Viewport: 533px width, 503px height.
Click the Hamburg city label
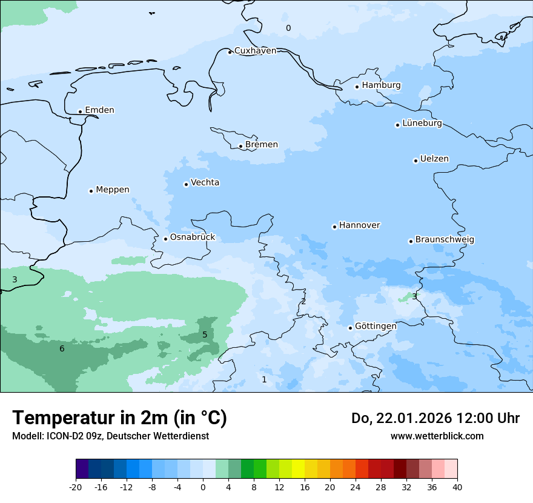pos(381,85)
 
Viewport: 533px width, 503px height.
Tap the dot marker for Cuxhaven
pos(230,52)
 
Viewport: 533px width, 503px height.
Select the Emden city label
pos(99,110)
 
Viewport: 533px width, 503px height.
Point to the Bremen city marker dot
pos(240,146)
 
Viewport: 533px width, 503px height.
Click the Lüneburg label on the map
pos(422,124)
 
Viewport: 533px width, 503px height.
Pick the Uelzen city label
pos(434,159)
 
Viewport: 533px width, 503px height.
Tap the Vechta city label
pos(205,183)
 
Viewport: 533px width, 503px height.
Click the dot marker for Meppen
pos(91,191)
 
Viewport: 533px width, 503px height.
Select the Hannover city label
pos(359,225)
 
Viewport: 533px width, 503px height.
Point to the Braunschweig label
pos(445,240)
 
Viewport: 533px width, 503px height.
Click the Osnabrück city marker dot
pos(165,239)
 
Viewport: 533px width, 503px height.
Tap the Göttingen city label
pos(376,327)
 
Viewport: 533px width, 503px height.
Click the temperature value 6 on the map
pos(62,348)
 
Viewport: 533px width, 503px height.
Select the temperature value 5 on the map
pos(205,335)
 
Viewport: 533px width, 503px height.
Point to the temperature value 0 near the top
pos(288,28)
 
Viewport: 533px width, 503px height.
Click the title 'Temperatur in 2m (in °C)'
pos(119,418)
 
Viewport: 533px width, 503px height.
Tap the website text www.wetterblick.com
pos(437,436)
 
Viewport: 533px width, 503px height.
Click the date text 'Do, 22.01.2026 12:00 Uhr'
pos(435,418)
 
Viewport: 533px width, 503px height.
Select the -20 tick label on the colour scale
pos(76,487)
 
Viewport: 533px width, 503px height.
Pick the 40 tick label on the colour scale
pos(457,487)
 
